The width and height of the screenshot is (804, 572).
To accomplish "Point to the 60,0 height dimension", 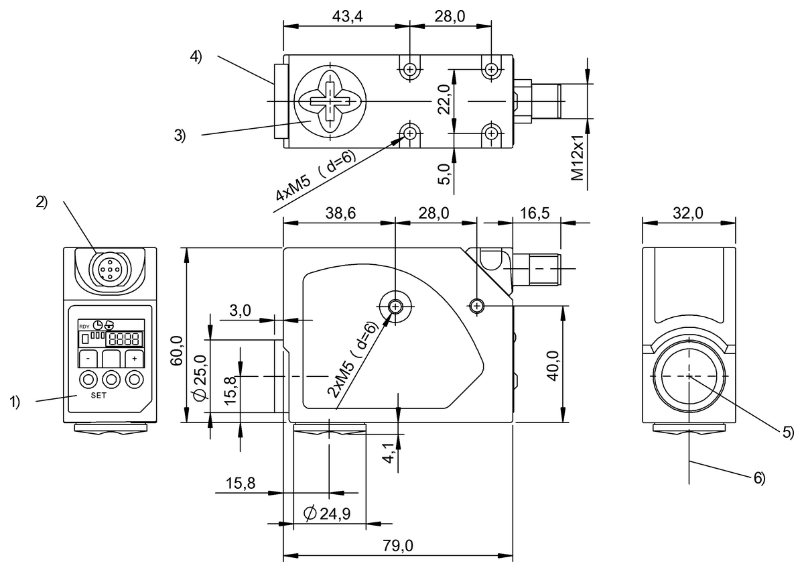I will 177,342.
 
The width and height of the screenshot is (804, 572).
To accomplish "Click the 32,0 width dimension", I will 688,213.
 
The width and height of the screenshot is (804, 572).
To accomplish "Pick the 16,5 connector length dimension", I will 534,213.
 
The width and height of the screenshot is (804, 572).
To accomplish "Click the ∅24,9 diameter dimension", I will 329,514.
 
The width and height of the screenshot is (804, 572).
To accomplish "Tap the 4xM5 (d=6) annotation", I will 315,176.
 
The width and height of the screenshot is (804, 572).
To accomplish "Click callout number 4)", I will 196,57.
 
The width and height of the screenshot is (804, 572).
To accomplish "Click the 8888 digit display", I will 125,338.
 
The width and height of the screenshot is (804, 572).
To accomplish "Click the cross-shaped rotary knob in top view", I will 330,101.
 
